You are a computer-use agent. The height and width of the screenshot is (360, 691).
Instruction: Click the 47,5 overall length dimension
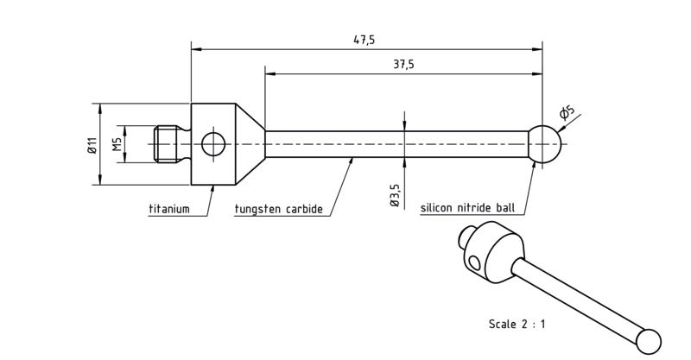[364, 40]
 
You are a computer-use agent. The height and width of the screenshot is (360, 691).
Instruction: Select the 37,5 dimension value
[403, 65]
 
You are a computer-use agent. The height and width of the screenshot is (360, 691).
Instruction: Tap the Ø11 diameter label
[92, 145]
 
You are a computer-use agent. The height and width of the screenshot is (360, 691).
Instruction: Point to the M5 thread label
[117, 144]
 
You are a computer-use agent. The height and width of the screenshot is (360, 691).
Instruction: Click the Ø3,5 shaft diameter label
[395, 196]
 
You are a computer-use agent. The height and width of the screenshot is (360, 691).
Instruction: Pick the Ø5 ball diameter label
[567, 112]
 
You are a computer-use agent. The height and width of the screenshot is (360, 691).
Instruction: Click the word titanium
[169, 208]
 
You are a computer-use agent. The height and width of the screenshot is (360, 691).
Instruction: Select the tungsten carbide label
[278, 208]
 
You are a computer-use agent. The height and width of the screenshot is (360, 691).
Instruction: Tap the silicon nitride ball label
[467, 207]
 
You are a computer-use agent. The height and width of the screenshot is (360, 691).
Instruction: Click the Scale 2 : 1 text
[517, 324]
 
